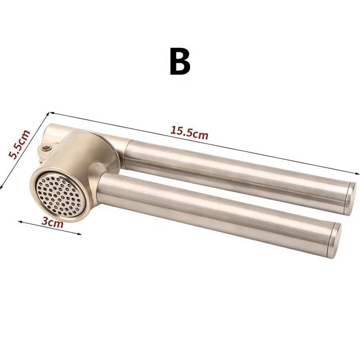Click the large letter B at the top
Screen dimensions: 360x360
point(180,61)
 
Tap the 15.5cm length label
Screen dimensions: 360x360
point(189,132)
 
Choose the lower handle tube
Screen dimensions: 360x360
point(216,206)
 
